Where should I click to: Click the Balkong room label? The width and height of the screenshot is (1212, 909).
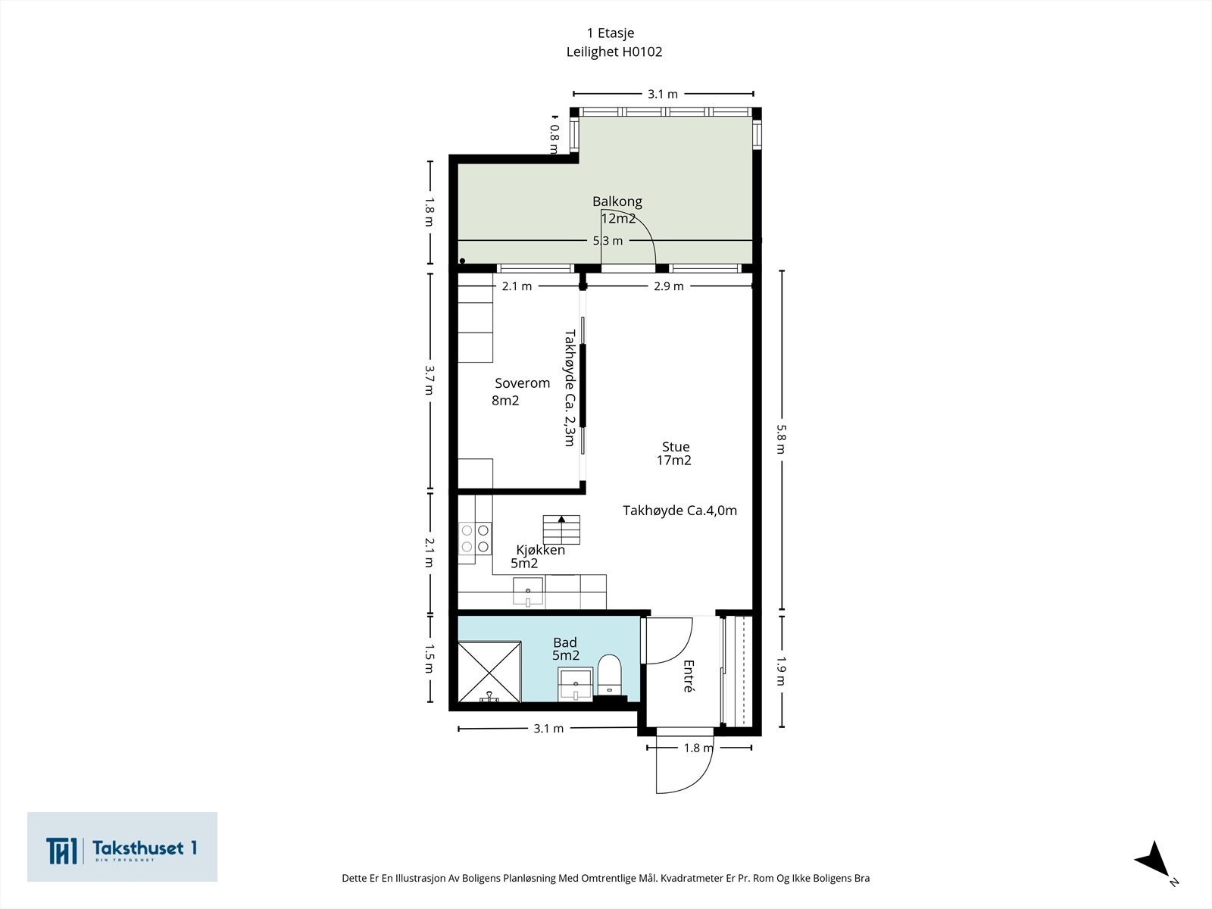(x=617, y=201)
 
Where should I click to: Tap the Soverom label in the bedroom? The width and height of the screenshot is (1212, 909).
(x=522, y=383)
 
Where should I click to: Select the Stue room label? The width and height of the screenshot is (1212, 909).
(x=675, y=446)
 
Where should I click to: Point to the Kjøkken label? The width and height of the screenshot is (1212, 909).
(x=540, y=550)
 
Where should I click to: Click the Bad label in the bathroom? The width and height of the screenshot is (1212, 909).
(x=565, y=642)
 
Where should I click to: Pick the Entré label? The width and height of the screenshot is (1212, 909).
(x=688, y=676)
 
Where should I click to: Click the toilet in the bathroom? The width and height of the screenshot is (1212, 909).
(x=610, y=674)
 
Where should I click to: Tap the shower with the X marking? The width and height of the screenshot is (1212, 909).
(x=489, y=672)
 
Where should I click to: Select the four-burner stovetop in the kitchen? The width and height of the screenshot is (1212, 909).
(x=475, y=539)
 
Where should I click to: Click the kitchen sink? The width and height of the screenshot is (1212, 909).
(x=528, y=591)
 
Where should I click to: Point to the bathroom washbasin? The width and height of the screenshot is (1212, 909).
(x=576, y=684)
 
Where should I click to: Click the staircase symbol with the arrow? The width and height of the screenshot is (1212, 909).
(x=561, y=529)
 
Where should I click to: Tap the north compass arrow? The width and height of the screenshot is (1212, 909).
(x=1153, y=860)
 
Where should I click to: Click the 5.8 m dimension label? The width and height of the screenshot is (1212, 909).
(x=781, y=439)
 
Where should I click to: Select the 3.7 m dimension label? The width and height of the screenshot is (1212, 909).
(x=429, y=380)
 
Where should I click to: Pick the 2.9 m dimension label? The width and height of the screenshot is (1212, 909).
(x=669, y=286)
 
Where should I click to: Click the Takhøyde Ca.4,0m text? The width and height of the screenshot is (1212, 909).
(x=679, y=511)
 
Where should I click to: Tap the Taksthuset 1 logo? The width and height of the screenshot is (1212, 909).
(x=122, y=847)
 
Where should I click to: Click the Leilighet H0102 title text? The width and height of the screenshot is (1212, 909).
(x=614, y=52)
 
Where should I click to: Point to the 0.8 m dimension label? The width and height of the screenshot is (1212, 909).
(x=554, y=139)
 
